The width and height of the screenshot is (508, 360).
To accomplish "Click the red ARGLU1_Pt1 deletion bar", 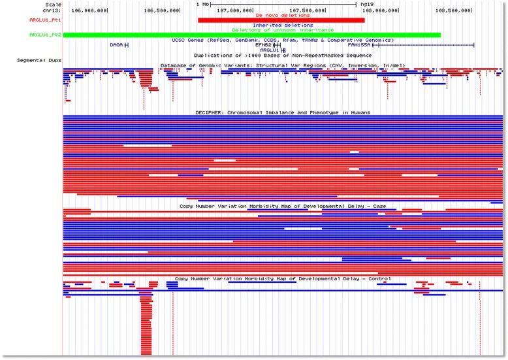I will click(281, 20).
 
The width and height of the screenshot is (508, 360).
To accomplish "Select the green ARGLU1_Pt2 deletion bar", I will click(251, 35).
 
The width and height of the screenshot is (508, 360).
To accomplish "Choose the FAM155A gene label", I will click(360, 45).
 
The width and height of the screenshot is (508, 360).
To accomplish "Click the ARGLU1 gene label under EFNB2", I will click(270, 50).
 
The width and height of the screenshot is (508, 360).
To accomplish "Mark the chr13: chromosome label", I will click(52, 10).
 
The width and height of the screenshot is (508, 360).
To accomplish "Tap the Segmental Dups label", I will click(40, 60).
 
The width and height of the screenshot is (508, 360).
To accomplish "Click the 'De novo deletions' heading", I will click(282, 14).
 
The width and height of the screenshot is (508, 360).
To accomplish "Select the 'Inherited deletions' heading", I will click(282, 25).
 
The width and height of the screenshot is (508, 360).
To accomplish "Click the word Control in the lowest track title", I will click(379, 278).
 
